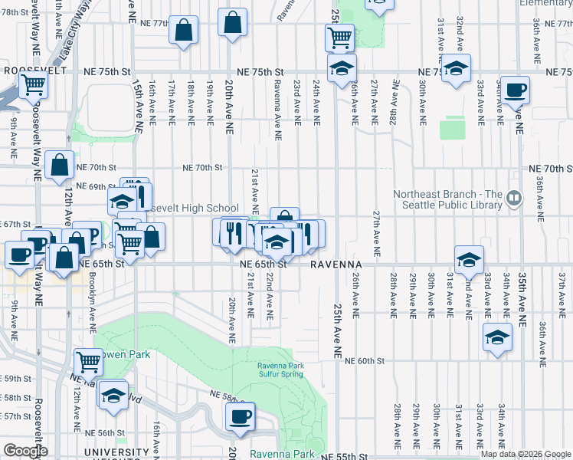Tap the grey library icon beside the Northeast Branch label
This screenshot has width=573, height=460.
click(x=514, y=199)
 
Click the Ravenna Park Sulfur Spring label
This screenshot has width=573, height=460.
click(x=280, y=370)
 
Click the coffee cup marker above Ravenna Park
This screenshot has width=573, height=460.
click(x=241, y=417)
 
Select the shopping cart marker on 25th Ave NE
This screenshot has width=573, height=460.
click(x=339, y=37)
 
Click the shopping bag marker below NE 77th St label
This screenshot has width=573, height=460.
click(x=184, y=32)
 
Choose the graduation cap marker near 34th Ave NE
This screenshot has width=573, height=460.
click(x=497, y=337)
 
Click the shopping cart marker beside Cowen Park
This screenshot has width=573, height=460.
click(x=89, y=361)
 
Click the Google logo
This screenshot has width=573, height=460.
click(x=26, y=451)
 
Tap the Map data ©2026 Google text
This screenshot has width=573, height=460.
click(x=525, y=454)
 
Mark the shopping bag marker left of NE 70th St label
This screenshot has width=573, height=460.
click(x=60, y=166)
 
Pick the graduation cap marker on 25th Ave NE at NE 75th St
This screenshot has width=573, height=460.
click(x=342, y=69)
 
